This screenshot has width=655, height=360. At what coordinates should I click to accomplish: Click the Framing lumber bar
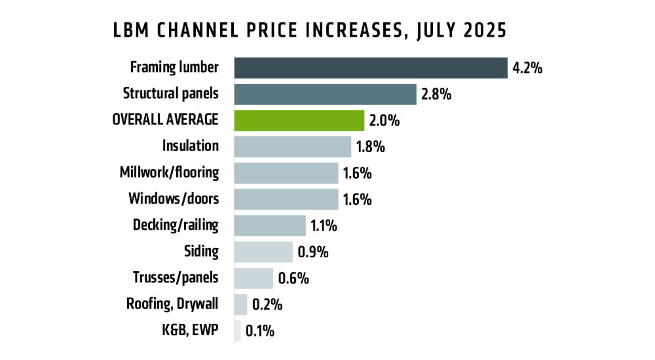(371, 68)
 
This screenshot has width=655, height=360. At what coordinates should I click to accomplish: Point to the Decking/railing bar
(269, 226)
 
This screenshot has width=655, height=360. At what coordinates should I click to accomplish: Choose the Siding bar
(263, 252)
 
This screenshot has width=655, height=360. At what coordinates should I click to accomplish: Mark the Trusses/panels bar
(253, 278)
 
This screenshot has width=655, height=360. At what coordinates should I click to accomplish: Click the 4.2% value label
(528, 68)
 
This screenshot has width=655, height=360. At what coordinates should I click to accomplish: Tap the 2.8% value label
(437, 94)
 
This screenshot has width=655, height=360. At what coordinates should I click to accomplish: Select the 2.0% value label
(384, 120)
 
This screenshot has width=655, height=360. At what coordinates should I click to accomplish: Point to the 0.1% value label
(259, 331)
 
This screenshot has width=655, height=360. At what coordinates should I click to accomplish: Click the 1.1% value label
(324, 226)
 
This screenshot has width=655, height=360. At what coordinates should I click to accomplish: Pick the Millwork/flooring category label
(169, 173)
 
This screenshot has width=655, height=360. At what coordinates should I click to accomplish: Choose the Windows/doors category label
(174, 199)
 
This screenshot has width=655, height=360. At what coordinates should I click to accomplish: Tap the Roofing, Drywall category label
(172, 304)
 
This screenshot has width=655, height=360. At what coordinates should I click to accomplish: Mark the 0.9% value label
(312, 252)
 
